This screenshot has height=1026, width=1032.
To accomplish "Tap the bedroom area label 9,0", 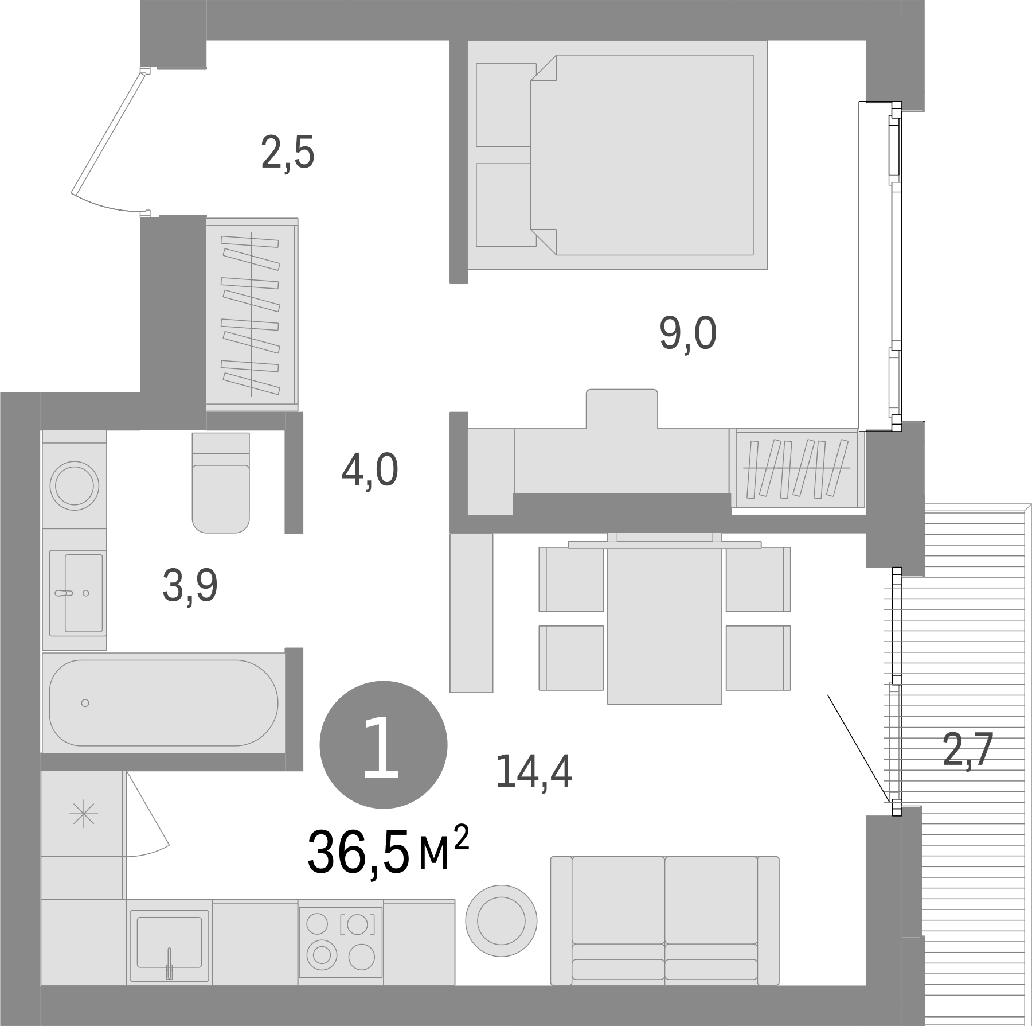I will (687, 334).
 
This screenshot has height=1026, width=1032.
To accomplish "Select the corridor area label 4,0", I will (369, 470).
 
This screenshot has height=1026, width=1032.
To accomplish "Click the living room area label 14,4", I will (534, 771).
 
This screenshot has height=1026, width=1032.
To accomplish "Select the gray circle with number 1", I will (382, 745).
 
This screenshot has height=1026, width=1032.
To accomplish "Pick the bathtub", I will (163, 702).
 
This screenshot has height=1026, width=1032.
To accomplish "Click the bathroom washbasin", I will (76, 593).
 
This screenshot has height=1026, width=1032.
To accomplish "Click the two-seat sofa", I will (664, 930).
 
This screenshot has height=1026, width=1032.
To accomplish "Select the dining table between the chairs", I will (664, 625).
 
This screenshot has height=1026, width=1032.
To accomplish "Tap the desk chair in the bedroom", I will (621, 408).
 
